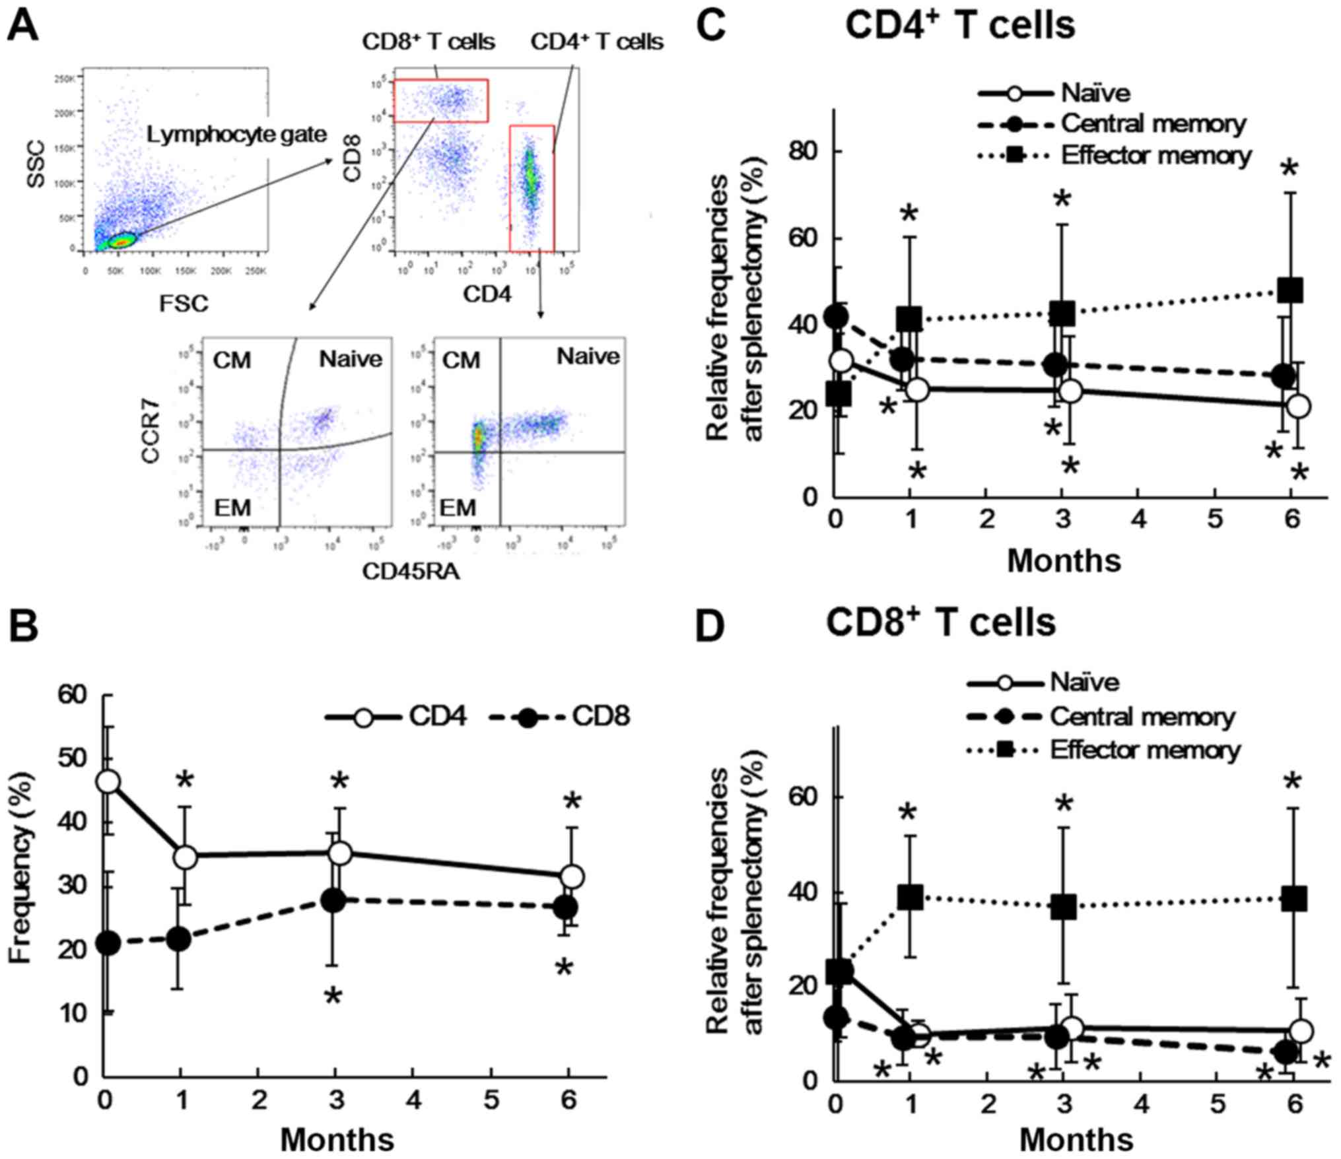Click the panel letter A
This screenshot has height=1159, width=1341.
[22, 30]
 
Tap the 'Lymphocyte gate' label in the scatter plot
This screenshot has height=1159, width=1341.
[236, 135]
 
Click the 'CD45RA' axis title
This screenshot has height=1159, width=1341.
[411, 572]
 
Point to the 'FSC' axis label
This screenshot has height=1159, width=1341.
[183, 304]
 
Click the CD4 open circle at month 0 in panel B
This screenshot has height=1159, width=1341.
[108, 782]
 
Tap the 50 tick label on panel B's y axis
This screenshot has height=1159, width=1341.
[76, 758]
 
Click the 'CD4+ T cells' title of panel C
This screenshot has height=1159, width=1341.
[960, 26]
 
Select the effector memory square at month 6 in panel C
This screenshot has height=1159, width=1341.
[1289, 290]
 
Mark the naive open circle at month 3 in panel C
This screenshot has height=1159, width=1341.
[1071, 391]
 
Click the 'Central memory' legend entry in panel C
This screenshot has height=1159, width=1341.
[1153, 123]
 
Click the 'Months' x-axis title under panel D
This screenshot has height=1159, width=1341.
[1076, 1139]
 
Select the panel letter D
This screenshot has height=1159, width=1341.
[712, 627]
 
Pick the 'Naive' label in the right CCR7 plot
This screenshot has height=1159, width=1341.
[588, 356]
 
